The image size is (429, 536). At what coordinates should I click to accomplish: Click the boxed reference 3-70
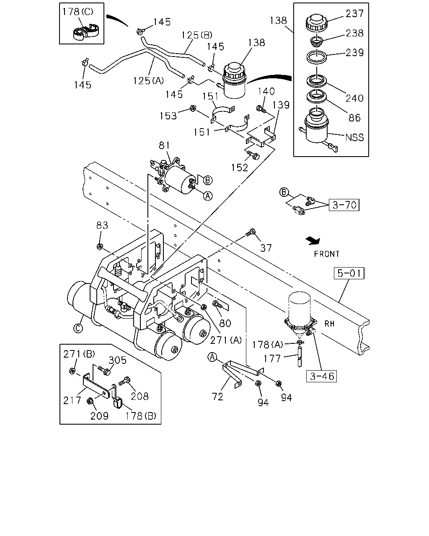(x=344, y=205)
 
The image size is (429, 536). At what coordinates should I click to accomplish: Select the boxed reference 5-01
(x=349, y=273)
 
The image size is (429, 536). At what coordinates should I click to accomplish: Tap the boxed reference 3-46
(x=322, y=376)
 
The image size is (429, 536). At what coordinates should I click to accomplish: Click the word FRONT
(x=326, y=254)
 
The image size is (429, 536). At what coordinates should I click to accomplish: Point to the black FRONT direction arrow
(x=313, y=240)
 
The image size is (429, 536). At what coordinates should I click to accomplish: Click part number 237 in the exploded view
(x=354, y=13)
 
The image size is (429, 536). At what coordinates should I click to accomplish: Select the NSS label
(x=354, y=137)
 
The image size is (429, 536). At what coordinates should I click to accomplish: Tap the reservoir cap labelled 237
(x=316, y=23)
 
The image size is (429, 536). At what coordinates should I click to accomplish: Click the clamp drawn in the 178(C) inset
(x=86, y=32)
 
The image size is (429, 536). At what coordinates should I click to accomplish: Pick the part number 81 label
(x=164, y=145)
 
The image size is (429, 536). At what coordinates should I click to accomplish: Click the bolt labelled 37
(x=250, y=232)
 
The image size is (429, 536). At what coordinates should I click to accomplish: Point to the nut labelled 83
(x=99, y=247)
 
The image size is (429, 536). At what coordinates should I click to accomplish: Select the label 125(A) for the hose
(x=148, y=81)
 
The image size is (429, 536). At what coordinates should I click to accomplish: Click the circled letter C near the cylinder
(x=78, y=329)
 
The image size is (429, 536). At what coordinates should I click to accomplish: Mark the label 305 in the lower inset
(x=117, y=360)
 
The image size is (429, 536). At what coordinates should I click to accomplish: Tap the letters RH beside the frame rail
(x=329, y=324)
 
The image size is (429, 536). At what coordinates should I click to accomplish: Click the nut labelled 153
(x=193, y=108)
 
